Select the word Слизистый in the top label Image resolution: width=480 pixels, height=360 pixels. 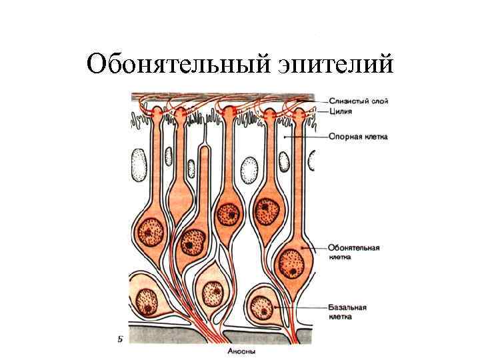347,101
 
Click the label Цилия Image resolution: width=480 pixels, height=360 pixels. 340,111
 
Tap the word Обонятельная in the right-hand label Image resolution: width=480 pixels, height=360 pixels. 354,247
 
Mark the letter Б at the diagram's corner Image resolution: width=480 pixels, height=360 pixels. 119,339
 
